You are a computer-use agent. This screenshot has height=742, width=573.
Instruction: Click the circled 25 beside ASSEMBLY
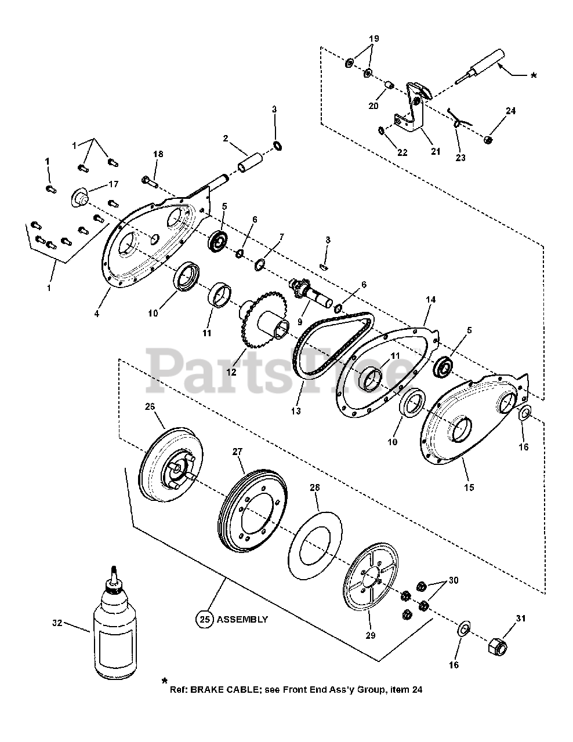pos(204,619)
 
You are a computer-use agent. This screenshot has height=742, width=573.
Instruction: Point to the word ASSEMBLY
pos(242,619)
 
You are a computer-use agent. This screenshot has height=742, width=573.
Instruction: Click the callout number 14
pos(430,300)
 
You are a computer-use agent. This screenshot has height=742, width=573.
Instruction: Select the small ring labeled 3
pos(277,145)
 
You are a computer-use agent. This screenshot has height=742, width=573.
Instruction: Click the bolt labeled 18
pos(151,181)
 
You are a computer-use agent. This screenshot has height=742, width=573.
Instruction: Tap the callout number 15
pos(469,488)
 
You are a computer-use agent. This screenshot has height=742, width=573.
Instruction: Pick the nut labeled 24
pos(488,140)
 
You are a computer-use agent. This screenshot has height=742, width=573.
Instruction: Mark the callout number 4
pos(97,314)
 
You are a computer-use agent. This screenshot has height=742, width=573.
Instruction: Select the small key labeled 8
pos(326,266)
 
